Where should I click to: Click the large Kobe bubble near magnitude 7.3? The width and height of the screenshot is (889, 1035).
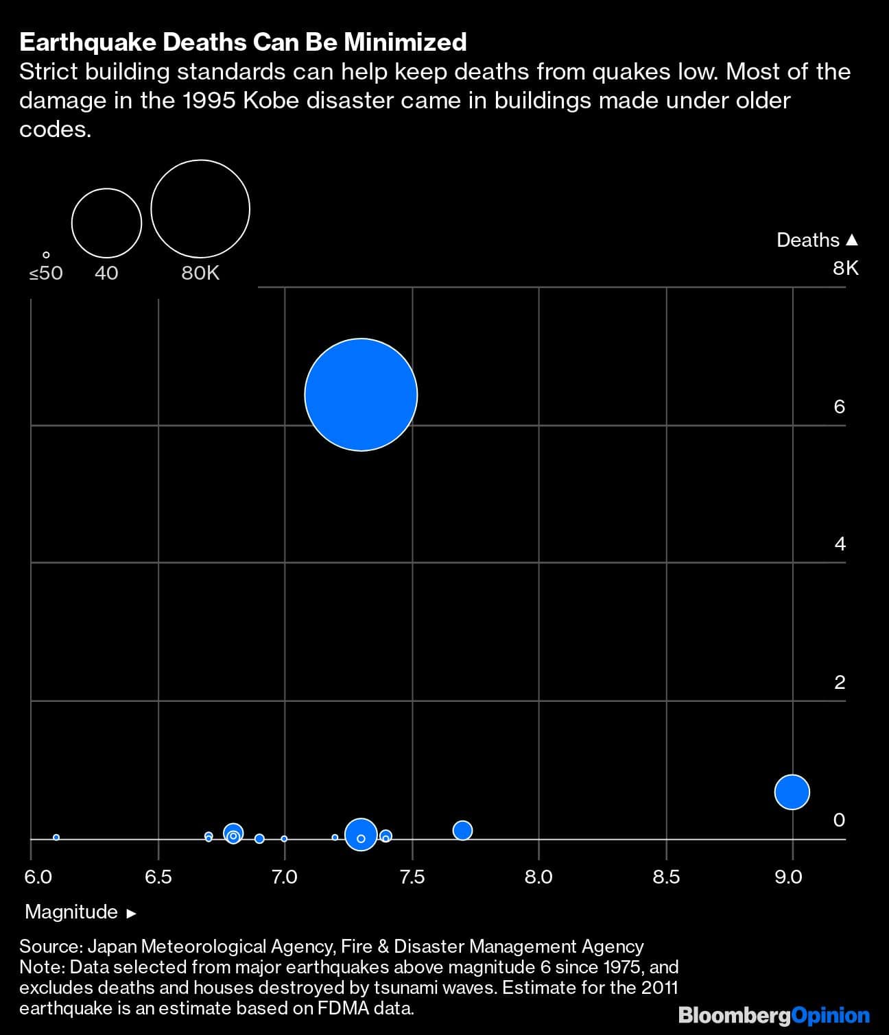(361, 395)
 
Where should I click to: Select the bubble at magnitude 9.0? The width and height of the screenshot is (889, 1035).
(792, 792)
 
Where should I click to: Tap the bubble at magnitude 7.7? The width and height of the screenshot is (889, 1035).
(463, 830)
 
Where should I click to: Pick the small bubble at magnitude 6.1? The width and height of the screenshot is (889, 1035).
(56, 837)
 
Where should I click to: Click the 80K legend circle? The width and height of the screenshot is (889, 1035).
(200, 209)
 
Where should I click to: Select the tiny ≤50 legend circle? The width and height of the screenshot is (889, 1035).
(46, 255)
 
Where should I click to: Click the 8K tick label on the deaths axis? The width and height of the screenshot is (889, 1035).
(845, 268)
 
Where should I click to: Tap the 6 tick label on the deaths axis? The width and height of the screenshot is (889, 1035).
(839, 407)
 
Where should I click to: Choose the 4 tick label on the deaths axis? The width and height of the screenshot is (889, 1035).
(839, 544)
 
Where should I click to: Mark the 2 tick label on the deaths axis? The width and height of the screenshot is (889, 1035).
(839, 682)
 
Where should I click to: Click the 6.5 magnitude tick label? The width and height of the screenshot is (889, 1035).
(158, 877)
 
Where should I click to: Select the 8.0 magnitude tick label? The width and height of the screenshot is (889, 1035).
(538, 877)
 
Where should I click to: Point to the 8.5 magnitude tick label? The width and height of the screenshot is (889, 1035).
(666, 877)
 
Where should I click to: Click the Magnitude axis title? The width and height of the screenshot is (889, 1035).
(71, 912)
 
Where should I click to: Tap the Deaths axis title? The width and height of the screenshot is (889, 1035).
(808, 240)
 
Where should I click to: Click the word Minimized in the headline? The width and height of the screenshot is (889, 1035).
(405, 42)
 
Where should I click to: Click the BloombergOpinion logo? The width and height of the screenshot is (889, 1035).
(774, 1015)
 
